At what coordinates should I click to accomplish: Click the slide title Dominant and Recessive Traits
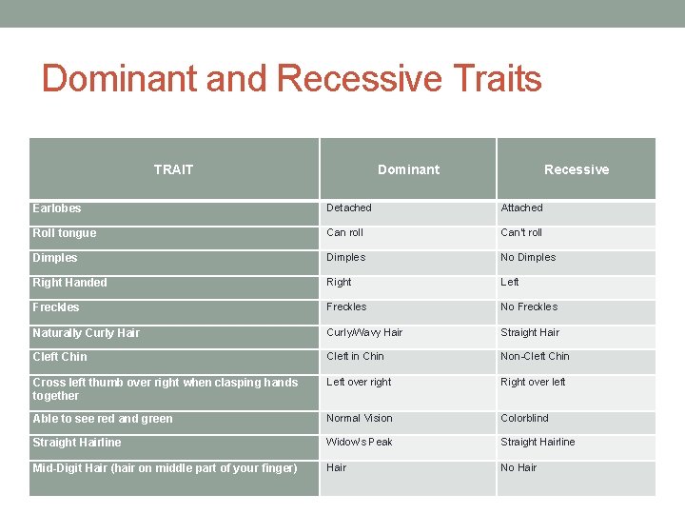(x=291, y=78)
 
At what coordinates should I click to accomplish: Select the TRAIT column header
(x=173, y=169)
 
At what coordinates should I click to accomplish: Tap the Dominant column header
(x=408, y=169)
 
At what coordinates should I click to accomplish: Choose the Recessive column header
(x=576, y=169)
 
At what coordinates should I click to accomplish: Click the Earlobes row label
(x=57, y=208)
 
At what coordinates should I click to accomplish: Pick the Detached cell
(x=349, y=208)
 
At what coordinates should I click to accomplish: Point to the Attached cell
(x=521, y=208)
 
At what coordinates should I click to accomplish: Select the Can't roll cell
(x=521, y=232)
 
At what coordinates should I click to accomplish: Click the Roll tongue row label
(x=64, y=233)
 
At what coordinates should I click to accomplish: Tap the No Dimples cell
(x=528, y=257)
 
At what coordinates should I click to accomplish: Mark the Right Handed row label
(x=69, y=283)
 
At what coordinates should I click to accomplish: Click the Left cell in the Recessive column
(x=510, y=282)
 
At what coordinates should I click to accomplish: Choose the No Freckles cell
(x=529, y=306)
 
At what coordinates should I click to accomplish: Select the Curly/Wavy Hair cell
(x=364, y=332)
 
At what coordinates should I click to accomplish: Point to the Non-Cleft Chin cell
(x=535, y=356)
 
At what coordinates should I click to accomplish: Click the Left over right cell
(x=359, y=382)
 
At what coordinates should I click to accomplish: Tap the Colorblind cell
(x=524, y=418)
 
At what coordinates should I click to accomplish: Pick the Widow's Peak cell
(x=359, y=442)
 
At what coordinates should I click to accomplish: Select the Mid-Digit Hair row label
(x=165, y=467)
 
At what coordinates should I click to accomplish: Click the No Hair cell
(x=519, y=467)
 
